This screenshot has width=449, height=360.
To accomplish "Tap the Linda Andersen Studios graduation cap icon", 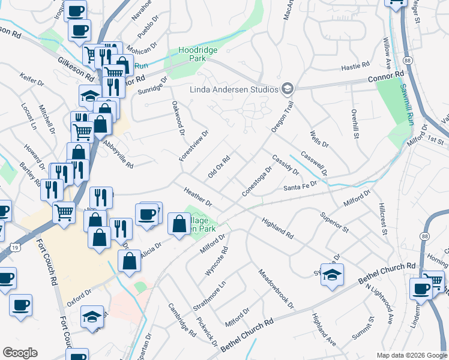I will (288, 89).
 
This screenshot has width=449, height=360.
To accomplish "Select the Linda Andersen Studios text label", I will (234, 89).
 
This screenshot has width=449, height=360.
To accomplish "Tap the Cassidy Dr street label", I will (285, 163).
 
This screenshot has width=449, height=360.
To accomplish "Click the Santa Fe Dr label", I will (300, 188).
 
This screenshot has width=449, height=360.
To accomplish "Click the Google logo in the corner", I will (20, 352).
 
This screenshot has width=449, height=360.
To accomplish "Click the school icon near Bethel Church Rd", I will (332, 273).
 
